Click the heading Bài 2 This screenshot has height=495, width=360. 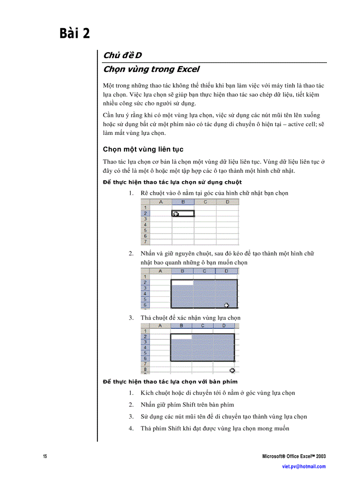coord(75,33)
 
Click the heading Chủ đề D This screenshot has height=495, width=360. coord(122,55)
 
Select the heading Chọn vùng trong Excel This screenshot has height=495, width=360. coord(151,69)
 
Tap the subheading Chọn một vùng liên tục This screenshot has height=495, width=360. coord(143,149)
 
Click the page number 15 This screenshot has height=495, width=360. coord(45,456)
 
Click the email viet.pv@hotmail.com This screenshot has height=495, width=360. coord(304,466)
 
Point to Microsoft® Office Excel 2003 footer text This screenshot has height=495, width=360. coord(294,456)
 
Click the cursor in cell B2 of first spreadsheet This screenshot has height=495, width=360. coord(176,214)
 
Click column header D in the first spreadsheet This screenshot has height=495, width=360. coord(227,202)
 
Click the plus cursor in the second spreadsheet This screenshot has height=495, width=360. coord(227,305)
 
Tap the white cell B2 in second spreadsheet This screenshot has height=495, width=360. coord(182,282)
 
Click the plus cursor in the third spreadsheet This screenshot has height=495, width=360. coord(232,370)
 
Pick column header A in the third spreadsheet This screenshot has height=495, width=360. coord(161,326)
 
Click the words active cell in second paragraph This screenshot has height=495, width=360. coord(300,125)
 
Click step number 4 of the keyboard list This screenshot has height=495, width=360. coord(131,428)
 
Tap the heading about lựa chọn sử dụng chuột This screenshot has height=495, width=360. coord(172,182)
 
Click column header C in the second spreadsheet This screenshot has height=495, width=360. coord(204,271)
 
